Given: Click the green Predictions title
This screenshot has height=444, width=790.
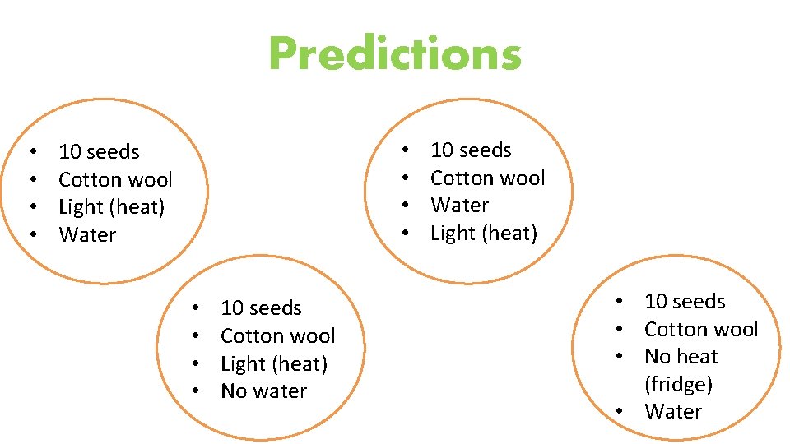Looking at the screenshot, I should pyautogui.click(x=395, y=54).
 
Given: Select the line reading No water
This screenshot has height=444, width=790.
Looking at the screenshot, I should pyautogui.click(x=263, y=391).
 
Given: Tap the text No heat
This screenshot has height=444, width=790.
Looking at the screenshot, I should pyautogui.click(x=681, y=357).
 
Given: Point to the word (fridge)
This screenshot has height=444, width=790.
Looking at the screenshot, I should pyautogui.click(x=678, y=384).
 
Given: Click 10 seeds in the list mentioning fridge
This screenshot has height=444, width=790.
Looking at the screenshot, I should pyautogui.click(x=685, y=302).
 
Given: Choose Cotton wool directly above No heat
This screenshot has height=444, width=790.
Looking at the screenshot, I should pyautogui.click(x=700, y=330).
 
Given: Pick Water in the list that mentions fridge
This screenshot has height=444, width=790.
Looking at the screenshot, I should pyautogui.click(x=673, y=412).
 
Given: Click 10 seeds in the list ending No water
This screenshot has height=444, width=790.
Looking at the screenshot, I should pyautogui.click(x=261, y=308).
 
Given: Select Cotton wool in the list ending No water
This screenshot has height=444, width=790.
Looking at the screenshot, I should pyautogui.click(x=277, y=336).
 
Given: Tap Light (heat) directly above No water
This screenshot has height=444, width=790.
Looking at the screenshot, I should pyautogui.click(x=273, y=363).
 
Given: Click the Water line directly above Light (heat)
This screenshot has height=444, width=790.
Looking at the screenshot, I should pyautogui.click(x=459, y=206).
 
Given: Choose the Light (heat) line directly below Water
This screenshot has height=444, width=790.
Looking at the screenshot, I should pyautogui.click(x=483, y=234).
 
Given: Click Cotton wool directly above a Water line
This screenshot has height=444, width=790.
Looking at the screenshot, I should pyautogui.click(x=487, y=178).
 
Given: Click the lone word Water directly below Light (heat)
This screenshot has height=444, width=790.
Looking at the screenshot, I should pyautogui.click(x=87, y=235).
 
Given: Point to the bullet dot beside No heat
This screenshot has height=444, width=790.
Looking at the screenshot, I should pyautogui.click(x=619, y=358).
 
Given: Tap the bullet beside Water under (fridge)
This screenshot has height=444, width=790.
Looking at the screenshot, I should pyautogui.click(x=619, y=413).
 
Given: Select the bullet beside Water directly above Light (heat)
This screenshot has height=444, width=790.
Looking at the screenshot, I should pyautogui.click(x=405, y=206).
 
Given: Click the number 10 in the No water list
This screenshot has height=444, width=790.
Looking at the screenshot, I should pyautogui.click(x=232, y=308).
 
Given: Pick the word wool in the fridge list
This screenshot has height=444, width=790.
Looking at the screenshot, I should pyautogui.click(x=736, y=330).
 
